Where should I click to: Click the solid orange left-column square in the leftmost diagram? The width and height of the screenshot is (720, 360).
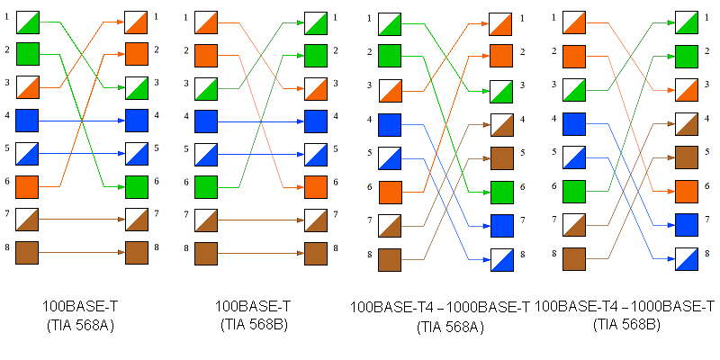coord(28,186)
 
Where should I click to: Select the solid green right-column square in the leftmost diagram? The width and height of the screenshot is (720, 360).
coord(137,186)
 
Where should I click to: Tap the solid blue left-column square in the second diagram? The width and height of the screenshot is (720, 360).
coord(207,121)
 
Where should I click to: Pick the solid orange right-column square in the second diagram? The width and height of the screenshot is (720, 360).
coord(316,186)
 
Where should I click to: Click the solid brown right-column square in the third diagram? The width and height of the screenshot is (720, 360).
coord(501,158)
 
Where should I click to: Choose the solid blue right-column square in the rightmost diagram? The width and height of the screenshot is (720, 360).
coord(687,224)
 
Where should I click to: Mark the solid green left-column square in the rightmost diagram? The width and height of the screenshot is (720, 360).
coord(575,192)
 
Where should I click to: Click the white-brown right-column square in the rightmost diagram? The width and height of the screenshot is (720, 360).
coord(687,124)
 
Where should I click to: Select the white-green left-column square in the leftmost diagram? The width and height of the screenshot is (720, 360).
coord(28,21)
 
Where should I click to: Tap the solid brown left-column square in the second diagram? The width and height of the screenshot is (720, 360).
coord(207,253)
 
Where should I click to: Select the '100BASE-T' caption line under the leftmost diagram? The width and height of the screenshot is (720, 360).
coord(77,307)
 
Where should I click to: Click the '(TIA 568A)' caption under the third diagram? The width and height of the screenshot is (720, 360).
coord(449,327)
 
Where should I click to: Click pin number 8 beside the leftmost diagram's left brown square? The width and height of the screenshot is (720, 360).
coord(8,246)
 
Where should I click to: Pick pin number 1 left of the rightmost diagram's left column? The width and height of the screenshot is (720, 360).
coord(553,15)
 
